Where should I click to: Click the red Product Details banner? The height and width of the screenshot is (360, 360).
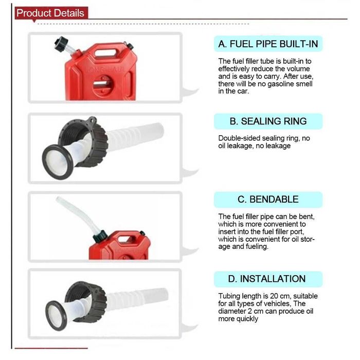tap(51, 13)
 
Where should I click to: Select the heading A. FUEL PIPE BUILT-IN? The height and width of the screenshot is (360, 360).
tap(268, 44)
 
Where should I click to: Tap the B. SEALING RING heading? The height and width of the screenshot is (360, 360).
tap(268, 121)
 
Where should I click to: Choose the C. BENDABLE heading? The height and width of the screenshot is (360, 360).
tap(268, 200)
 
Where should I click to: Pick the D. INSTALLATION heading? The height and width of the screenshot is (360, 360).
tap(267, 279)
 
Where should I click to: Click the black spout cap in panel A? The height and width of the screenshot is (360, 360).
tap(61, 43)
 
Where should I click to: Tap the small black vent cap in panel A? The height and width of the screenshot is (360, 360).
tap(130, 46)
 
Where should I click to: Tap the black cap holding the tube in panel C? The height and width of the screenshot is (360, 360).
tap(100, 236)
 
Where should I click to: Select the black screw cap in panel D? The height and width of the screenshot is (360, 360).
tap(87, 301)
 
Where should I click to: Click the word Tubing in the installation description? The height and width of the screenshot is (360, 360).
tap(231, 296)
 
